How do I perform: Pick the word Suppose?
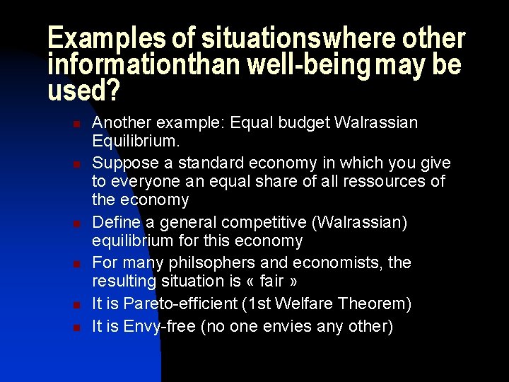(124, 163)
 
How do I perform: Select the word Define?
(115, 223)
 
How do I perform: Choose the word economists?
(342, 263)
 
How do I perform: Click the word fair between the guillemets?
(271, 282)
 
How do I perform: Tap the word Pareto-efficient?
(179, 304)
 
